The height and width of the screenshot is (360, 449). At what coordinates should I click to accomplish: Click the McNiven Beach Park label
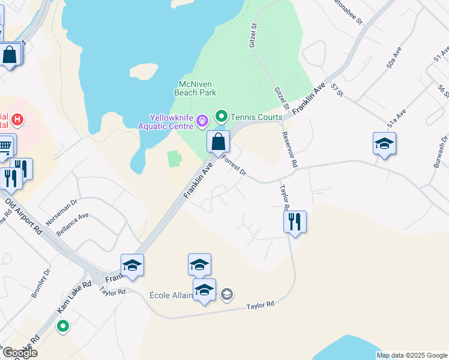[x=195, y=88]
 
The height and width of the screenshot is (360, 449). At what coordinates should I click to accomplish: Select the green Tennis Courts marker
[x=221, y=116]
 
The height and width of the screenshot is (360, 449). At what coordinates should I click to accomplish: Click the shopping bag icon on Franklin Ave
[x=218, y=142]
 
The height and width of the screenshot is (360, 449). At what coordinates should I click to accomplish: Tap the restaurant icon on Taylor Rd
[x=295, y=221]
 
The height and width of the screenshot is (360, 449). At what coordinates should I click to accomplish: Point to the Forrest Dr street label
[x=234, y=166]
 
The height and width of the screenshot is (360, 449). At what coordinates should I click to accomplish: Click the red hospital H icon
[x=17, y=120]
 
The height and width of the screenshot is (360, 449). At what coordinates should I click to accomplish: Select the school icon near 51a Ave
[x=384, y=143]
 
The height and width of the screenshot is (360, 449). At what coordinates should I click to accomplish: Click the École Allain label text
[x=170, y=295]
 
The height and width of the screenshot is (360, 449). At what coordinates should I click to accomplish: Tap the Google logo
[x=19, y=353]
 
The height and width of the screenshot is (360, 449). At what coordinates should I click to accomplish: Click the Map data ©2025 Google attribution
[x=412, y=355]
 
